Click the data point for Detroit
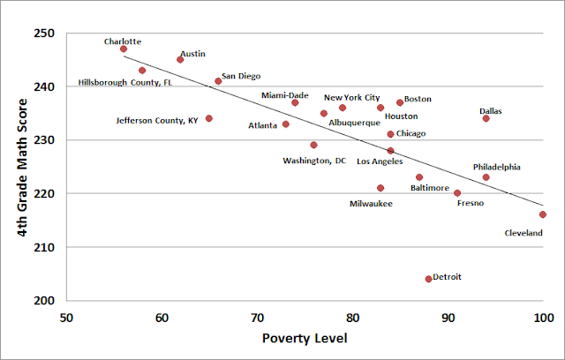[x=428, y=279]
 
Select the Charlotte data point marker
[x=124, y=49]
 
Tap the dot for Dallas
[x=486, y=118]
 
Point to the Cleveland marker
[x=543, y=214]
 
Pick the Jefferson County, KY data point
[x=209, y=118]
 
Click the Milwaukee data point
[x=380, y=188]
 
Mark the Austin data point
[x=180, y=60]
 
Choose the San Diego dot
[x=218, y=81]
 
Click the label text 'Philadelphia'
[x=496, y=167]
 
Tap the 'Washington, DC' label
[x=314, y=161]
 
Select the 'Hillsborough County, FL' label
[x=125, y=82]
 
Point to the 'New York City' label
[x=351, y=98]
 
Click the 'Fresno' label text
[x=471, y=204]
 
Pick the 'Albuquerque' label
[x=354, y=123]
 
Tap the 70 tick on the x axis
[x=257, y=317]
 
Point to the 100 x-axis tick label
[x=542, y=317]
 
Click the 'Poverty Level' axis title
[x=305, y=340]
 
